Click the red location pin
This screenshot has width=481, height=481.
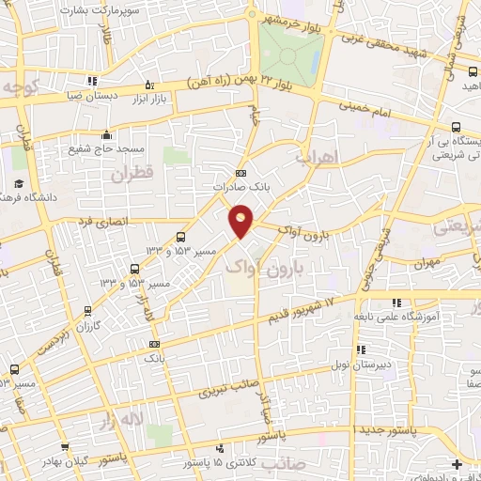(241, 220)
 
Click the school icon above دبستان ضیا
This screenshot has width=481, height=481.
(92, 81)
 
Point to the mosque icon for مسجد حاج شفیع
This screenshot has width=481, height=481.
(108, 133)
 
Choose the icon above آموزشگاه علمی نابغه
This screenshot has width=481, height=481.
(396, 303)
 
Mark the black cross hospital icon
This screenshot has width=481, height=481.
(458, 464)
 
